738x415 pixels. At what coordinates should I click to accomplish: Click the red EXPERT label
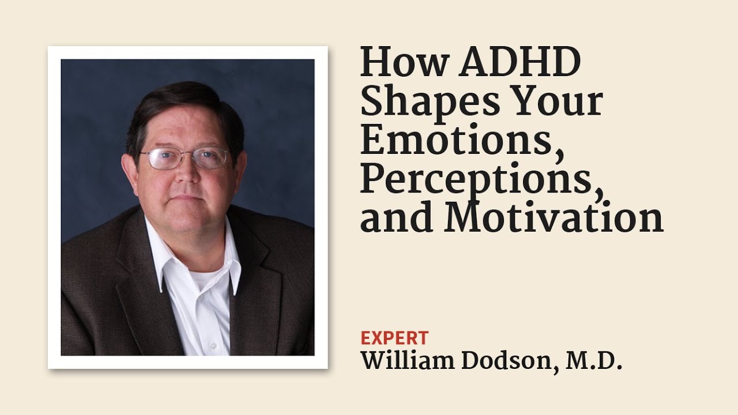pos(394,338)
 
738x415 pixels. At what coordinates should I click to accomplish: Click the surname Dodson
pos(508,361)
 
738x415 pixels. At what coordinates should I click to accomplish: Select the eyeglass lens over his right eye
pos(158,159)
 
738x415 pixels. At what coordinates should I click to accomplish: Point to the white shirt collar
pos(160,254)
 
